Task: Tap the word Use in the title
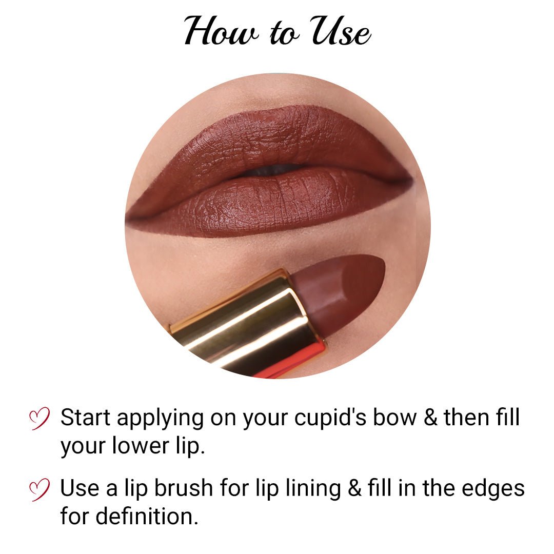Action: coord(341,31)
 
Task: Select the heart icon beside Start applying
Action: coord(39,418)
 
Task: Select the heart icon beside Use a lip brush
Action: coord(39,489)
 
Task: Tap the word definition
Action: coord(146,517)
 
